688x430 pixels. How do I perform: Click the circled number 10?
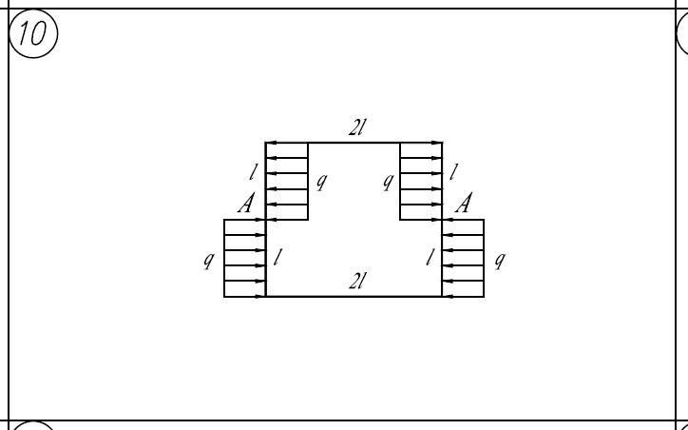click(x=33, y=33)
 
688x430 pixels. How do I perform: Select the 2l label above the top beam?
click(x=357, y=127)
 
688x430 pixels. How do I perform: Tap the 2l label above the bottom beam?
click(x=357, y=281)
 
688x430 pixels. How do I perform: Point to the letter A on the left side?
click(x=246, y=203)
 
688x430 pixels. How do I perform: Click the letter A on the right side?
click(x=464, y=203)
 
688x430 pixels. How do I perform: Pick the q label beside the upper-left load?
click(x=322, y=181)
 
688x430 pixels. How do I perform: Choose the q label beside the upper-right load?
click(x=388, y=181)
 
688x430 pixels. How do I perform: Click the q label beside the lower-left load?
click(x=209, y=260)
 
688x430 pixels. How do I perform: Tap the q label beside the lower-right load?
click(x=500, y=260)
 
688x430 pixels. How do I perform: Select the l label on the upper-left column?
click(x=252, y=172)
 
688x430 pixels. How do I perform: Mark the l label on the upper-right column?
click(x=453, y=172)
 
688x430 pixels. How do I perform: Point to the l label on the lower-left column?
click(x=277, y=258)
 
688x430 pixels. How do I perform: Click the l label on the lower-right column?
click(x=430, y=258)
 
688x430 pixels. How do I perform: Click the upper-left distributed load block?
click(x=287, y=181)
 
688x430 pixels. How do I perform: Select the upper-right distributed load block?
click(x=421, y=181)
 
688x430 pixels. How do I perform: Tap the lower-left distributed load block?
click(x=245, y=258)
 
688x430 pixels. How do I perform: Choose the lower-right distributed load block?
click(x=463, y=258)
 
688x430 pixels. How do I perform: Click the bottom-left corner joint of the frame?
click(x=266, y=297)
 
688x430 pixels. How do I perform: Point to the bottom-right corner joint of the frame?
click(x=442, y=297)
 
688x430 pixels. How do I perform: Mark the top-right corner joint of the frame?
click(x=442, y=143)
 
